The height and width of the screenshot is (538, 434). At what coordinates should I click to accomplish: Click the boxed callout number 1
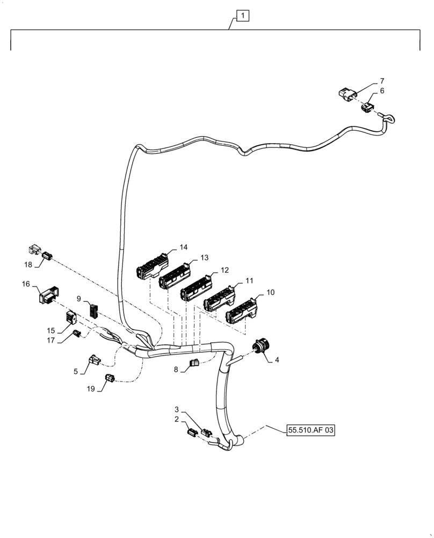tap(243, 17)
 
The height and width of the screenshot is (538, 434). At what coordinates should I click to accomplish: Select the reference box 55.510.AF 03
tap(310, 430)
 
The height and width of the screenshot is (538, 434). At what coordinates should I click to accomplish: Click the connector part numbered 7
tap(347, 94)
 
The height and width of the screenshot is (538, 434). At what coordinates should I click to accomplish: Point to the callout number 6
tap(382, 91)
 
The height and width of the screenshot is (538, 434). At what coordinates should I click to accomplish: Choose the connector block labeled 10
tap(242, 311)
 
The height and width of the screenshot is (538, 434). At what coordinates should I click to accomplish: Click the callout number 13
tap(204, 258)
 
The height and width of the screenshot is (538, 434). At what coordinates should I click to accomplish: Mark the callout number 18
tap(28, 264)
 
